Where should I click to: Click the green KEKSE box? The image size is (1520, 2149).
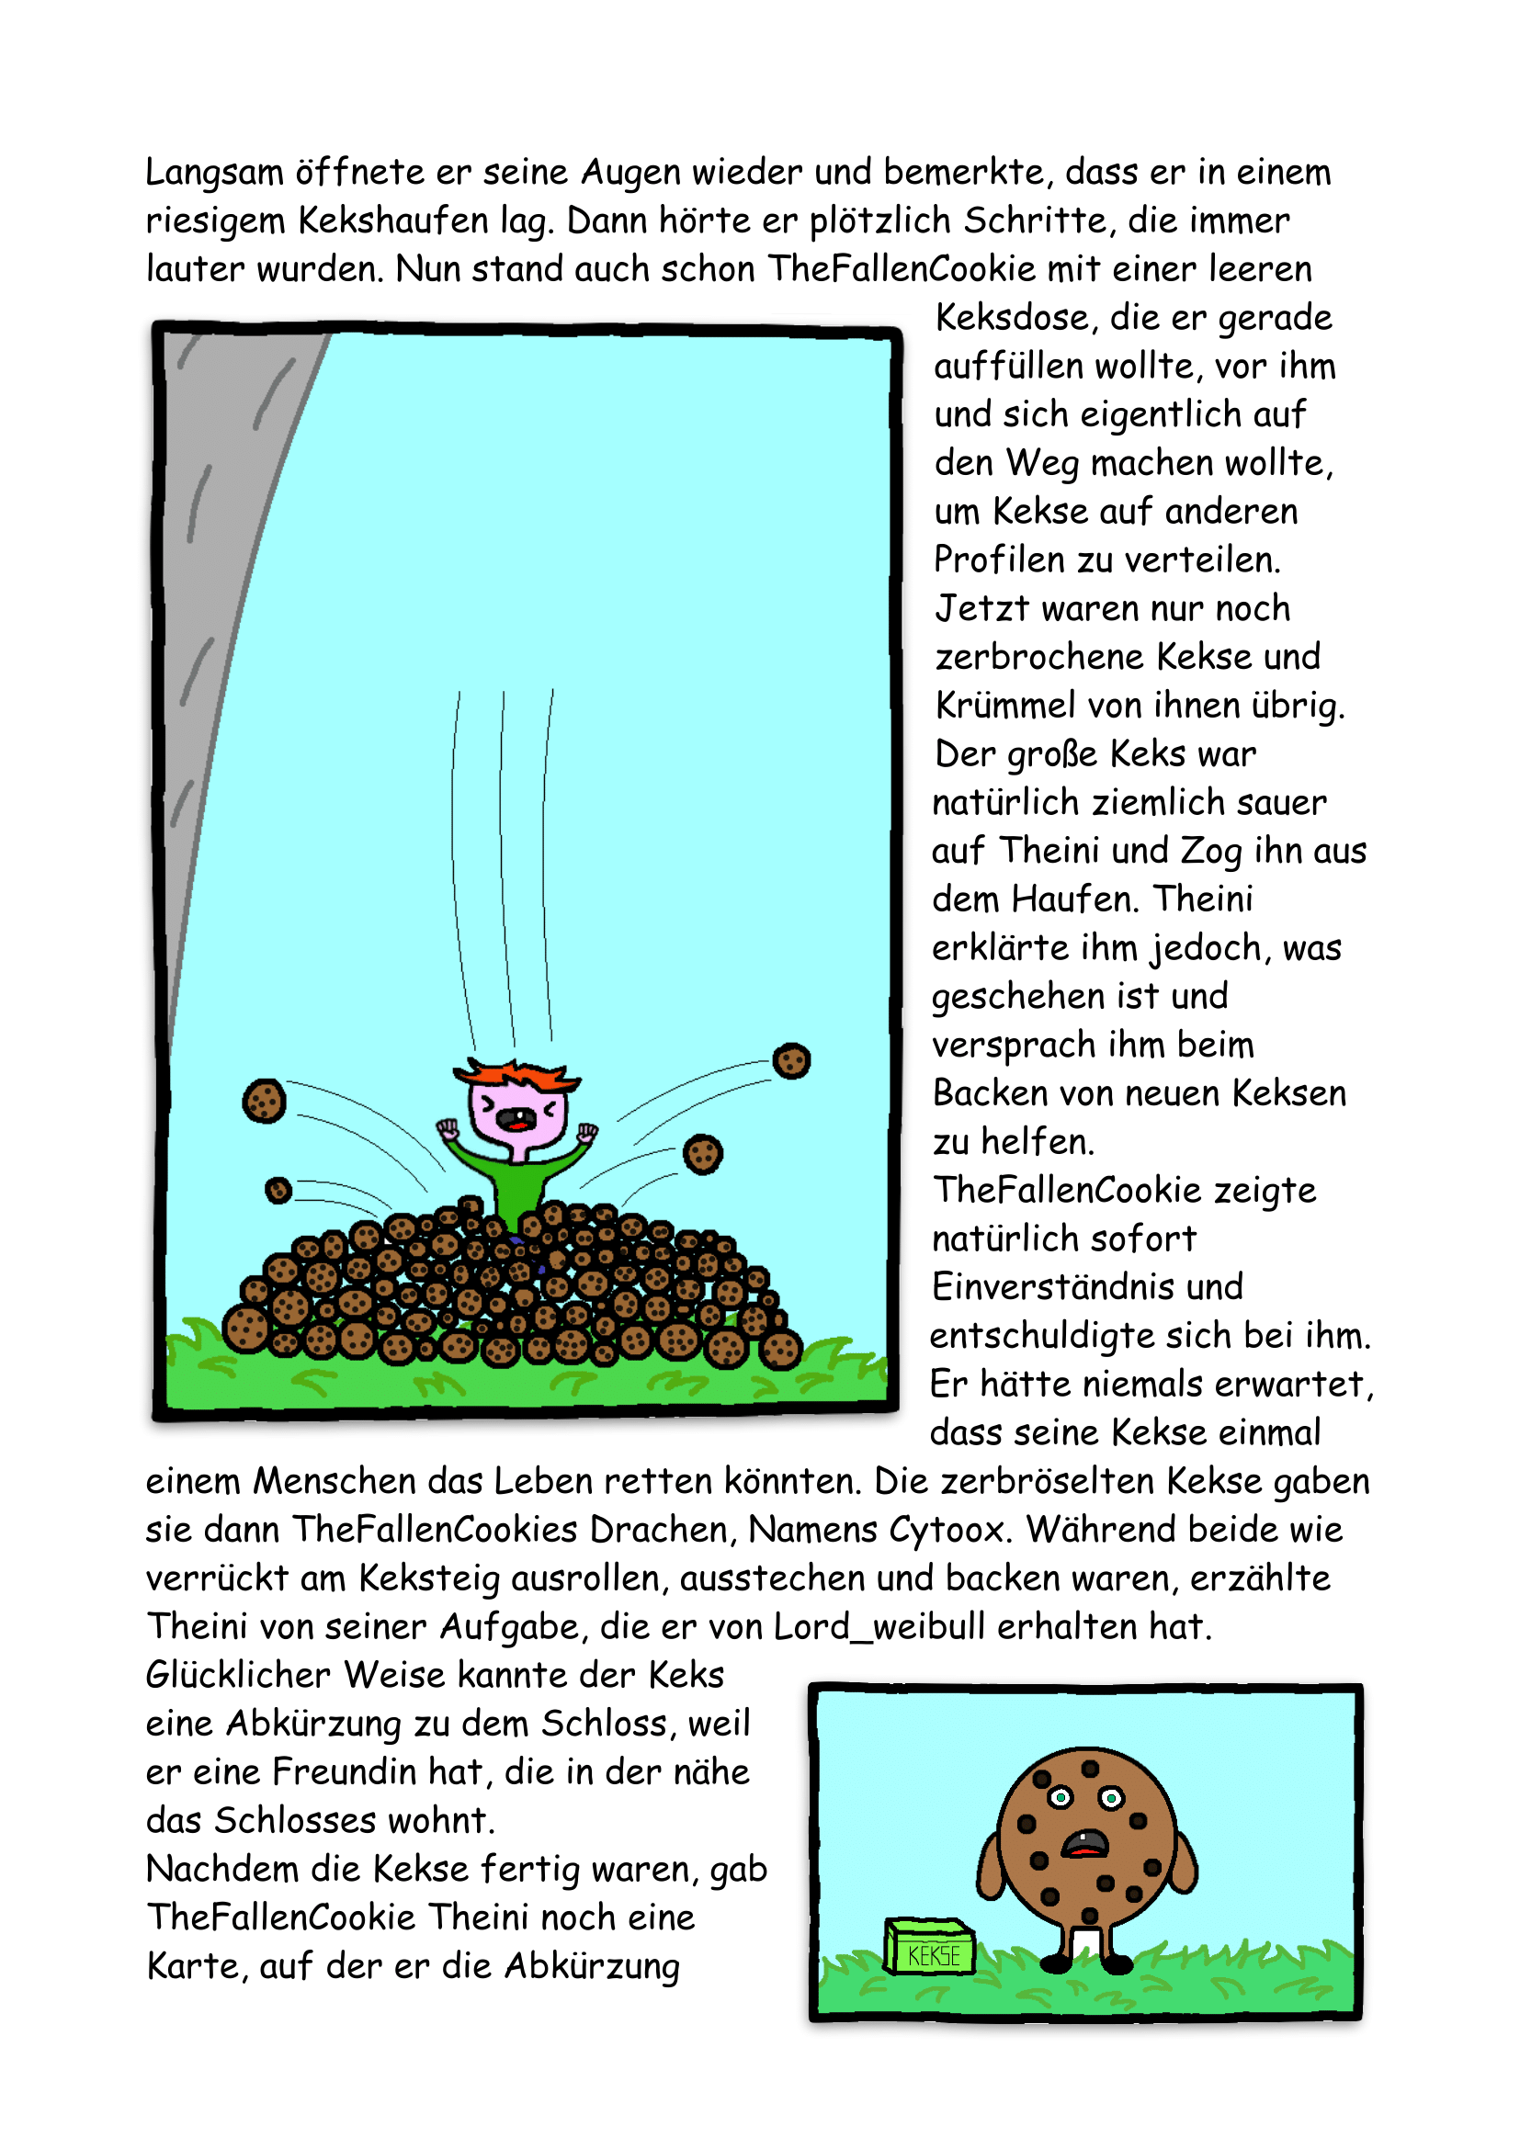(929, 1947)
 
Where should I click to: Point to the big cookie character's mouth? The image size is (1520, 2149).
(1083, 1845)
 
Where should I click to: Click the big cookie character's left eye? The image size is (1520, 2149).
(1061, 1797)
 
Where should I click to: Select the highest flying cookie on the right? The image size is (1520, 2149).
(791, 1060)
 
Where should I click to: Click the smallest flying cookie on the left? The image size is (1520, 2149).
(278, 1190)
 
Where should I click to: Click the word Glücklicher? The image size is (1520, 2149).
(238, 1676)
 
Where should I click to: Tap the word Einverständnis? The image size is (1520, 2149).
(1086, 1287)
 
